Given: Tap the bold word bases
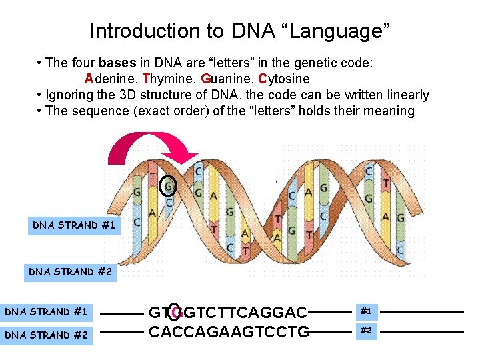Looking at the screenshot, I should (117, 63).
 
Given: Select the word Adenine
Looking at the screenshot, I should (108, 79).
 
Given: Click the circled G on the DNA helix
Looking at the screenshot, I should (169, 187).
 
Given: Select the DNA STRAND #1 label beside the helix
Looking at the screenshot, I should (74, 225).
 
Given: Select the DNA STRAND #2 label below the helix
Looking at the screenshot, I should (70, 272).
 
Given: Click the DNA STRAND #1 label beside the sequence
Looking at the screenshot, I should (46, 311).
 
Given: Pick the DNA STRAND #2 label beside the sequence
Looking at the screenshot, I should (46, 335).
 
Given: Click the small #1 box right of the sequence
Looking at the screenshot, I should (366, 311).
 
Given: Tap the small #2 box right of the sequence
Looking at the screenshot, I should (366, 331).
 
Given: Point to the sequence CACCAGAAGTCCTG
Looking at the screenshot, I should (229, 331).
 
